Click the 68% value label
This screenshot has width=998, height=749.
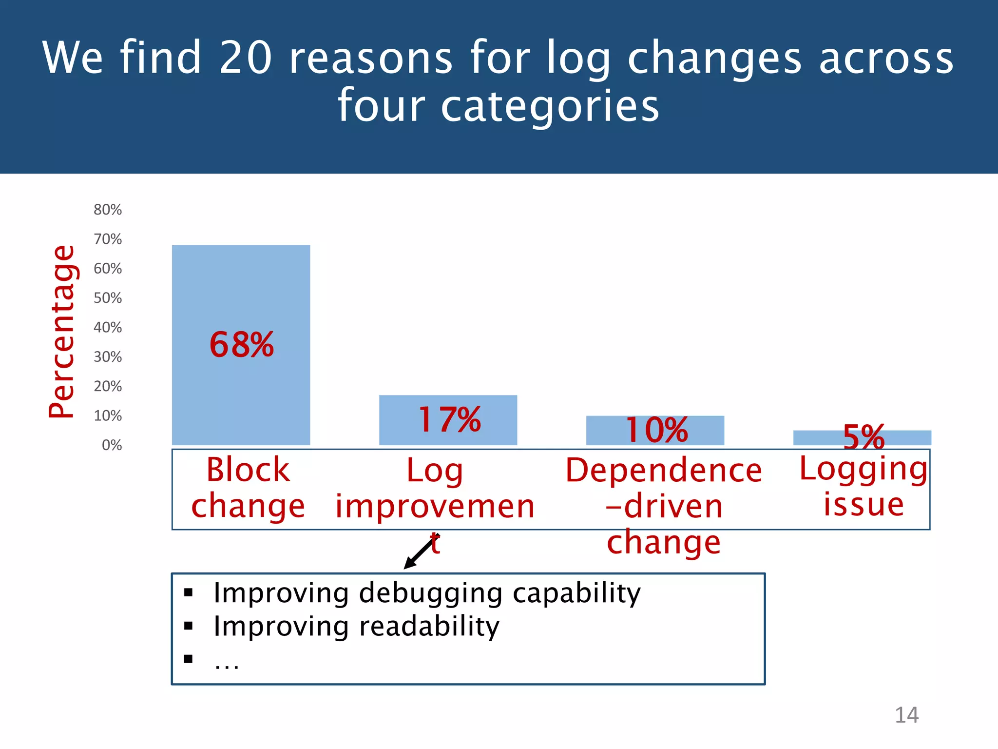coord(242,345)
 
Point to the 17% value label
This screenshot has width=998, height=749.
coord(450,419)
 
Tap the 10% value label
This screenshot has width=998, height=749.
coord(657,430)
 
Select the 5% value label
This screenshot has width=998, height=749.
coord(864,436)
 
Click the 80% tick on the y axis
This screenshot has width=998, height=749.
coord(108,210)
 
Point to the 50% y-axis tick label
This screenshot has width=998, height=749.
coord(108,298)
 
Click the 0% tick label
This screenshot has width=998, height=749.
coord(112,445)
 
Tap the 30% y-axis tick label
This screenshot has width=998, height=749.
coord(108,357)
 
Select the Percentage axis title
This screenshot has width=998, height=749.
coord(62,332)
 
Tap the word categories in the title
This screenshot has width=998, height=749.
coord(550,106)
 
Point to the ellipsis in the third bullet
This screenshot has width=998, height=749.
coord(227,664)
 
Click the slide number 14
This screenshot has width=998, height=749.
coord(906,715)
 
